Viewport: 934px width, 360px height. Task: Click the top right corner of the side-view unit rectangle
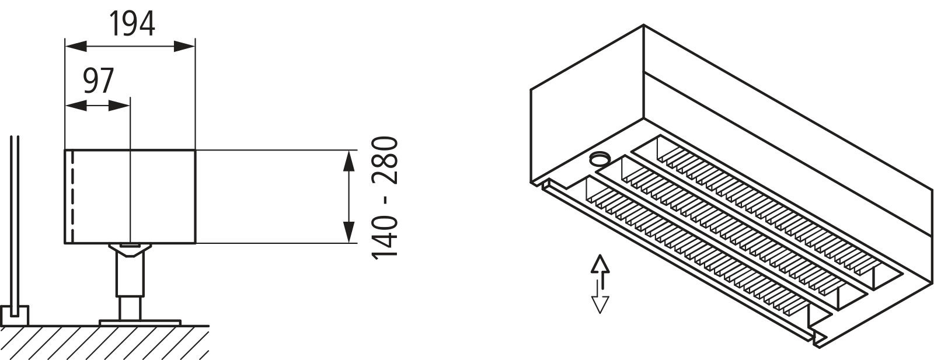195,149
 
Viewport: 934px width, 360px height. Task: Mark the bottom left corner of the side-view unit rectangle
65,243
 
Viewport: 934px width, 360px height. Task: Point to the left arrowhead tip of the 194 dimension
65,46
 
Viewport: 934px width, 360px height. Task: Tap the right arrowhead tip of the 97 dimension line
130,106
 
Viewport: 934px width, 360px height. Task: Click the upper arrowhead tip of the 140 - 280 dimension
348,151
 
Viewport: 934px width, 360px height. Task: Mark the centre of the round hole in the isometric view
599,158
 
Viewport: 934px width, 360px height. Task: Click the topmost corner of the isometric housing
643,25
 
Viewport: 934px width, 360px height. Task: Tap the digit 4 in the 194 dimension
147,24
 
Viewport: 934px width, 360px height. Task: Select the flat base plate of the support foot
140,322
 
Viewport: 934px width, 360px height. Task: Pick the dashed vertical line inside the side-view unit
72,196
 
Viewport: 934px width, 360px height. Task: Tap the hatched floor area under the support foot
104,342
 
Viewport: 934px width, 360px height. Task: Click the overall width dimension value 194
133,24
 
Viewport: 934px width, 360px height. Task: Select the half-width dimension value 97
99,81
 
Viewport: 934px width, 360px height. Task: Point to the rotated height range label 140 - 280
385,198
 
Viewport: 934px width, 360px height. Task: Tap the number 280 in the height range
385,160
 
